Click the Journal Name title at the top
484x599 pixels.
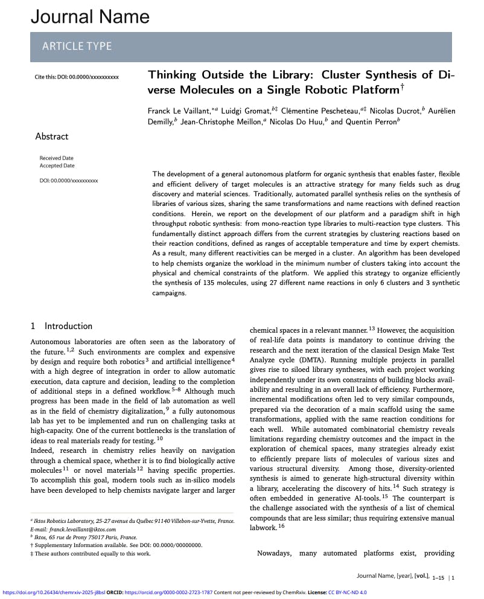[90, 16]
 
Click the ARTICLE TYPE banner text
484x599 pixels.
[77, 46]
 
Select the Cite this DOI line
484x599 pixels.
[77, 77]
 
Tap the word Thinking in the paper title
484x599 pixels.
[173, 75]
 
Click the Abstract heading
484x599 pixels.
[52, 136]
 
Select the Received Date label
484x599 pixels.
[57, 158]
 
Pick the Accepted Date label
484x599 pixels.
[57, 165]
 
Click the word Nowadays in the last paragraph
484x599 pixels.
[275, 553]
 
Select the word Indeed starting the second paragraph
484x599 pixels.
[41, 450]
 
